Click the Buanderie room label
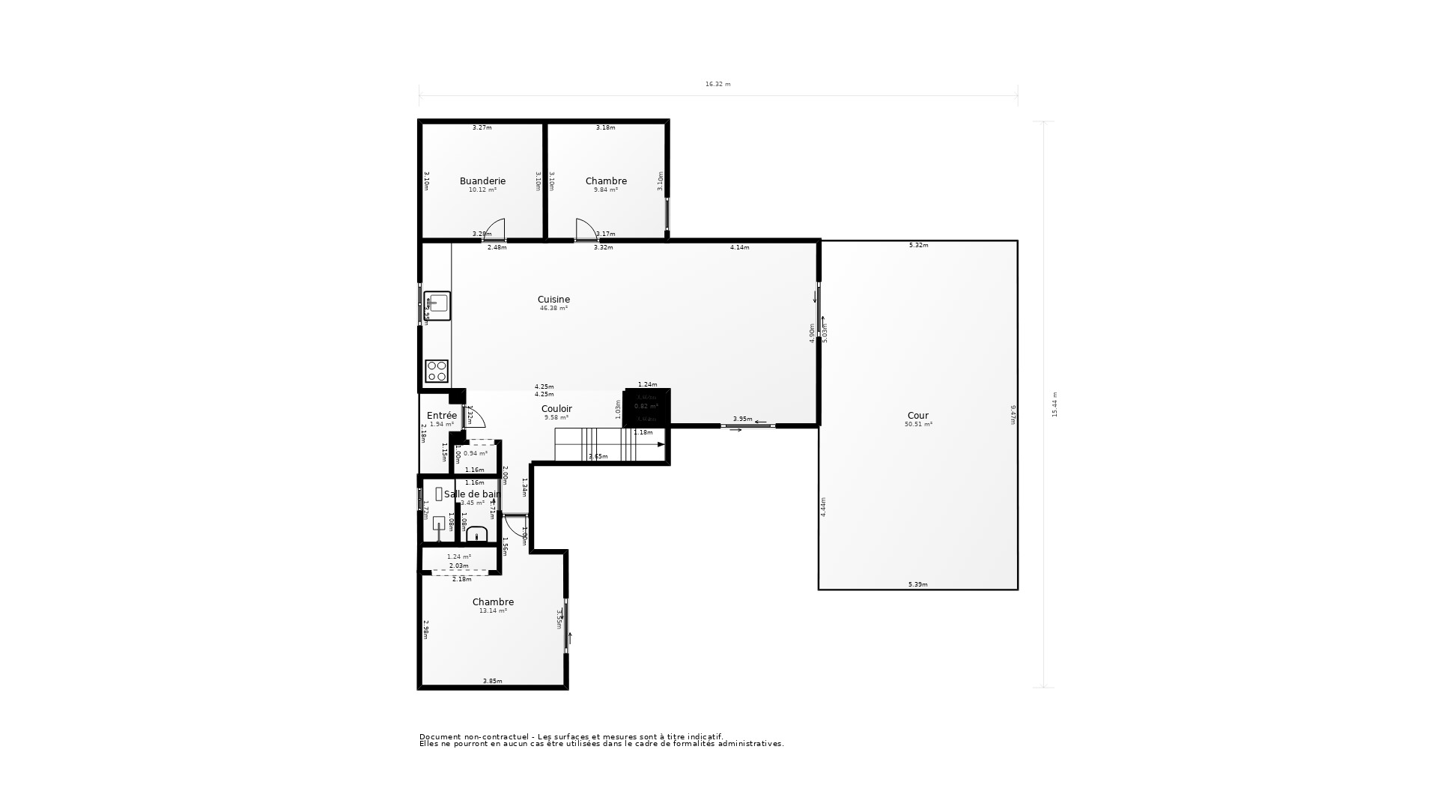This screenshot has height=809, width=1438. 482,181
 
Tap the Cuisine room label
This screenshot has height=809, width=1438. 553,300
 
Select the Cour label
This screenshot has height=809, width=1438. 917,416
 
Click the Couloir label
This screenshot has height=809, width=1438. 556,409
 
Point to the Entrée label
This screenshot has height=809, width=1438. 441,416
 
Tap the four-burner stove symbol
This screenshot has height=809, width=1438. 437,371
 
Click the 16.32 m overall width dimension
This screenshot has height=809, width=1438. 718,85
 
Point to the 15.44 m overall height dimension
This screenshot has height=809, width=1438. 1055,404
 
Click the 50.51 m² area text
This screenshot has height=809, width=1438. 918,425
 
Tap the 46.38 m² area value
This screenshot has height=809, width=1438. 553,309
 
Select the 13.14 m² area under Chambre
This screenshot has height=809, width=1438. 493,611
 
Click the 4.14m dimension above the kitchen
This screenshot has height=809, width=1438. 739,247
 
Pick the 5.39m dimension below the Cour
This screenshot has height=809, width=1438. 917,584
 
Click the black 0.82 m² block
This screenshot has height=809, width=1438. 646,407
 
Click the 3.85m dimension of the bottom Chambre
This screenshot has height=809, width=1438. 492,681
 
